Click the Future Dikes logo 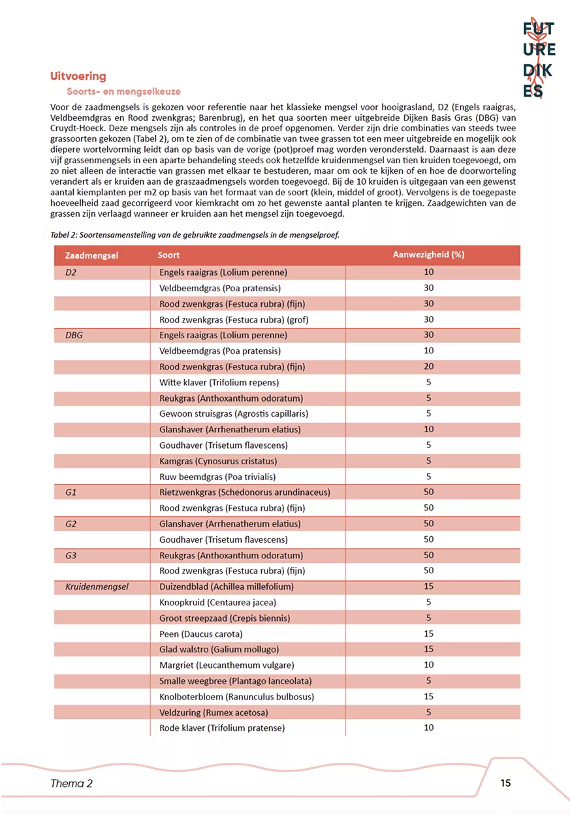(539, 59)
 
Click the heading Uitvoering (78, 77)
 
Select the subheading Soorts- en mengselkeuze (123, 92)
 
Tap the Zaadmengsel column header (91, 255)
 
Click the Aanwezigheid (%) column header (428, 255)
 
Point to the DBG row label (74, 335)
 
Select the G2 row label (71, 524)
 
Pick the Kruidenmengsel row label (97, 586)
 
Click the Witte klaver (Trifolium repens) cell (219, 382)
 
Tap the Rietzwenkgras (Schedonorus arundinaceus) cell (244, 492)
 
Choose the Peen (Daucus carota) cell (200, 633)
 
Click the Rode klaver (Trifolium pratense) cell (222, 727)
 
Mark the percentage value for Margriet (428, 665)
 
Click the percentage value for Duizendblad (428, 586)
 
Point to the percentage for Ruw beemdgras (428, 477)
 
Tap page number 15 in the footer (505, 783)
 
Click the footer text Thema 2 (71, 784)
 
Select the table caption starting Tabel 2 (195, 234)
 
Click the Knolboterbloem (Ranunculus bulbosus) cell (236, 696)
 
